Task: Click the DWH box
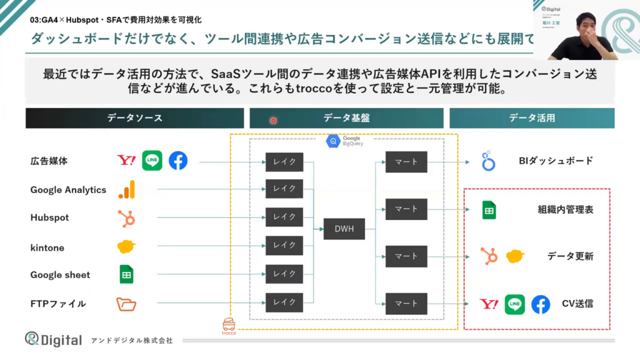click(x=344, y=229)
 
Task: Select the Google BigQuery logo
click(x=334, y=141)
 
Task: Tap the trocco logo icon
click(x=229, y=324)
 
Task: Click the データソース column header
click(x=134, y=117)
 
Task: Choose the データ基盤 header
click(x=346, y=117)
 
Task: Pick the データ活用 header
click(x=531, y=117)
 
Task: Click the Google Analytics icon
click(x=127, y=189)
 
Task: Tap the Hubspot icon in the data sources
click(x=126, y=218)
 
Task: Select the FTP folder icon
click(x=126, y=304)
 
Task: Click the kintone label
click(x=47, y=247)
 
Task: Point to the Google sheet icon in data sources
click(x=127, y=274)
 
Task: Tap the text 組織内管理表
click(x=565, y=210)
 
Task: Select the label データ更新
click(x=570, y=256)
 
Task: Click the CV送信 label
click(x=577, y=304)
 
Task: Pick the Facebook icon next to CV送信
click(x=540, y=304)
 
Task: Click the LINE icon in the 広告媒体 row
click(x=152, y=161)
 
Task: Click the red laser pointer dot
click(x=273, y=120)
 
